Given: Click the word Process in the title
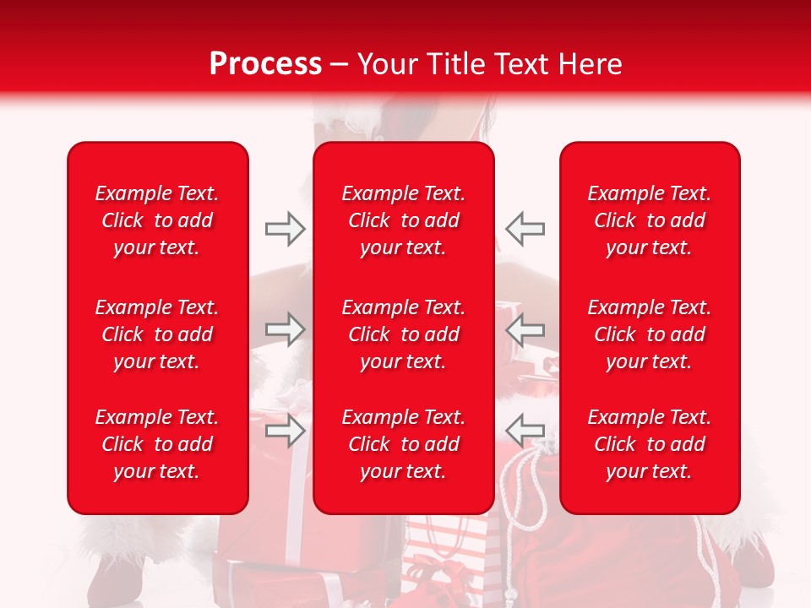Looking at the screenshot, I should point(265,64).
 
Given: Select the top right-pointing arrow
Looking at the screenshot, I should point(285,229).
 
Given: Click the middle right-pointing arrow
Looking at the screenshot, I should point(285,329).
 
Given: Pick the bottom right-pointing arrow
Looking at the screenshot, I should point(285,431).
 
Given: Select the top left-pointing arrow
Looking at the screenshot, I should point(525,229).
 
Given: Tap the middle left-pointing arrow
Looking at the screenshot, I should point(525,329).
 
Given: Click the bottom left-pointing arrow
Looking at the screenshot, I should point(525,429).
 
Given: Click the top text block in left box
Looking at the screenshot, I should point(157,220).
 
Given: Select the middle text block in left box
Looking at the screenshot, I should point(157,334).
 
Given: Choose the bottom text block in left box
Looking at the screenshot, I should point(157,444).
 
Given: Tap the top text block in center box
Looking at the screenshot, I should point(403,220).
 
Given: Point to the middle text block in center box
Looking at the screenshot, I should point(403,334).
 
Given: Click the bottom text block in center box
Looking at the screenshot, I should point(403,444).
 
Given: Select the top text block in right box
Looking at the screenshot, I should point(650,220).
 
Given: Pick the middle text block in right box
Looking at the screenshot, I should point(650,334).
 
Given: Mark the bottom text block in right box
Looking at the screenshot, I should point(650,444).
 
